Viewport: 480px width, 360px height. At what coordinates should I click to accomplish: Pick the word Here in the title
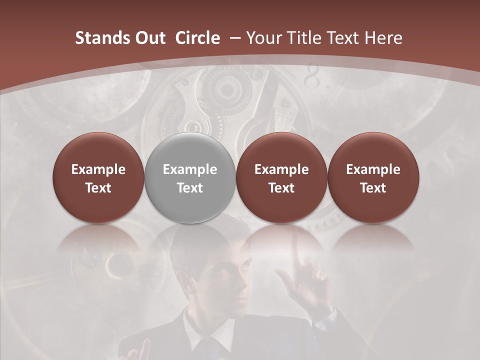[x=383, y=38]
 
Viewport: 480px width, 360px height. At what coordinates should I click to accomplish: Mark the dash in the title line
[x=233, y=38]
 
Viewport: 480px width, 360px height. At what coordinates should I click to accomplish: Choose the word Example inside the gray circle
[x=190, y=169]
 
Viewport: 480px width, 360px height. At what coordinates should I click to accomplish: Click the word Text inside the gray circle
[x=190, y=188]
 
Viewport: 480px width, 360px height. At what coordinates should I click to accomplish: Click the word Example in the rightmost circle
[x=373, y=169]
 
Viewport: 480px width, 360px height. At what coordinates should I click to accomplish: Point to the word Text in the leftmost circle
[x=98, y=188]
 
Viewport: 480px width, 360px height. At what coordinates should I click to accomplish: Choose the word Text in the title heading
[x=345, y=38]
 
